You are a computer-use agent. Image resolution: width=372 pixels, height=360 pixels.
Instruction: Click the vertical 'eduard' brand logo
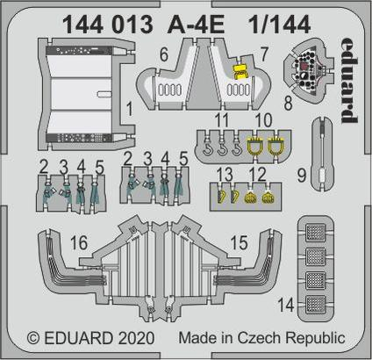point(349,81)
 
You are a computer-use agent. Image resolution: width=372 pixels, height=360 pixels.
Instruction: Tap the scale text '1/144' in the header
point(280,25)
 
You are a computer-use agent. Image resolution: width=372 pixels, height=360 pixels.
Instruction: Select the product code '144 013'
point(108,25)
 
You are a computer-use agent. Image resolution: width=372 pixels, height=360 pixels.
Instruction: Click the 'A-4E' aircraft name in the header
point(196,25)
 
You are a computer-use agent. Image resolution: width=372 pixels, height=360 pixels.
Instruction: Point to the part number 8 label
point(288,104)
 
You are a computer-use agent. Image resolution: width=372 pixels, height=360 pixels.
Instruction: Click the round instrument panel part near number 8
point(309,69)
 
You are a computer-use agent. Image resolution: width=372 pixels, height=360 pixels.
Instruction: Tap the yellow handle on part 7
point(240,71)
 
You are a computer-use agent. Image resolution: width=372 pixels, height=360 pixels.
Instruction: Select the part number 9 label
point(302,176)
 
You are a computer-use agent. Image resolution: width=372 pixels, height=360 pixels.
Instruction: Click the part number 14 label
point(286,305)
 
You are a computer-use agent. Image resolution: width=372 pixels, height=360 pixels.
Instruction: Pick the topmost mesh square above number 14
point(316,233)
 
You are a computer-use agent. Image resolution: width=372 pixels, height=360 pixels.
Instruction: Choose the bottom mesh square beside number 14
point(316,305)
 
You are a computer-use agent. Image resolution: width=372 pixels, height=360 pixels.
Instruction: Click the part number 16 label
point(79,242)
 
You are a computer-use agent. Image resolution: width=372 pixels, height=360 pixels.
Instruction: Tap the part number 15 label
point(239,242)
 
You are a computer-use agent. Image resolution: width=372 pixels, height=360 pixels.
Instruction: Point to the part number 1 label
point(129,109)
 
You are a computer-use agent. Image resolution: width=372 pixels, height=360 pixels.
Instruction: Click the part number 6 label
point(164,54)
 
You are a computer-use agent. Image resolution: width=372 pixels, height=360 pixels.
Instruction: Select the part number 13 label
point(225,175)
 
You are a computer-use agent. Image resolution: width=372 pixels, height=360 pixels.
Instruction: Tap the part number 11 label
point(221,120)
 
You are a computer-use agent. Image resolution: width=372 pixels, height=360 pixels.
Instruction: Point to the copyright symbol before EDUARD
point(33,338)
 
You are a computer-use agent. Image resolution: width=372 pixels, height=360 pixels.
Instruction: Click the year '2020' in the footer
point(137,338)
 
